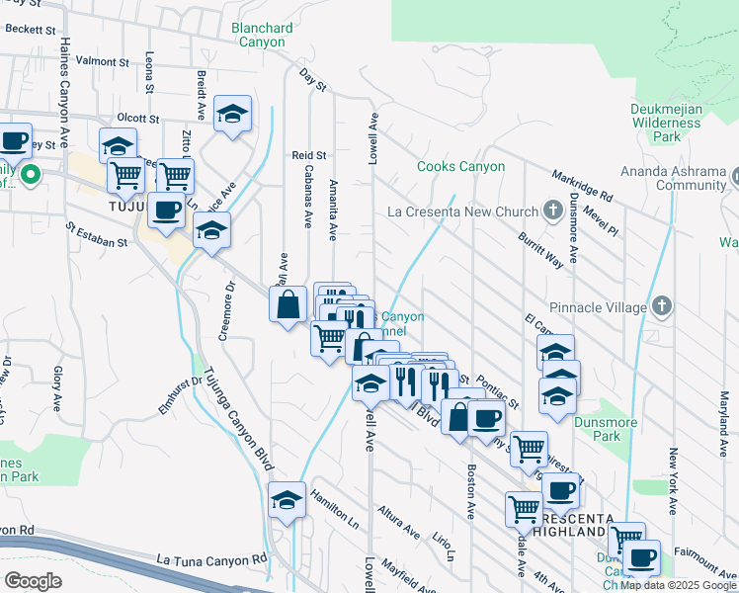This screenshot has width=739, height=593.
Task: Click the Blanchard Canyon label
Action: [259, 36]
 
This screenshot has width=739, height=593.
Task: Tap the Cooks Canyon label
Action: [461, 167]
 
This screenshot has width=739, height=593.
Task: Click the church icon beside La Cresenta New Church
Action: [554, 211]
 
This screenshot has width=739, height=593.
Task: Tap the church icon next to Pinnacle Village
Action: [662, 306]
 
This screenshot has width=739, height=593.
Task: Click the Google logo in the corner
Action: [33, 581]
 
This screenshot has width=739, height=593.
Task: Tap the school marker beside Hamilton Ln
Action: [287, 500]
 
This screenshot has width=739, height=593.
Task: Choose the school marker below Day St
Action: [233, 115]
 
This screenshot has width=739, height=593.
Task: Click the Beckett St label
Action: [29, 31]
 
